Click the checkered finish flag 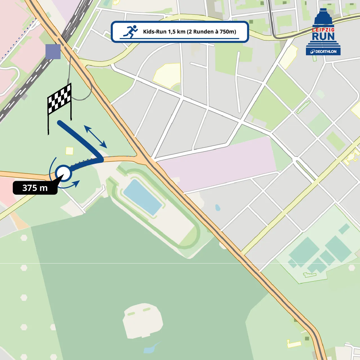(x=59, y=98)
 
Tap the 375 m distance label (x=35, y=188)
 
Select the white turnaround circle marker (x=63, y=173)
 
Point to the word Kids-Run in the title (x=155, y=32)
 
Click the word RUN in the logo (x=323, y=37)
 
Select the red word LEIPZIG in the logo (x=323, y=30)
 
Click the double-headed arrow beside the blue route (x=95, y=137)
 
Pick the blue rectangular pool (x=143, y=197)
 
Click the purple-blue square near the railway (x=53, y=51)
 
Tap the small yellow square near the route (x=69, y=151)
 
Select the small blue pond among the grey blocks (x=217, y=208)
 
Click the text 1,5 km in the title (x=177, y=32)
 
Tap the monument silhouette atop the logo (x=323, y=17)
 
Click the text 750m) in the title (x=228, y=32)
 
